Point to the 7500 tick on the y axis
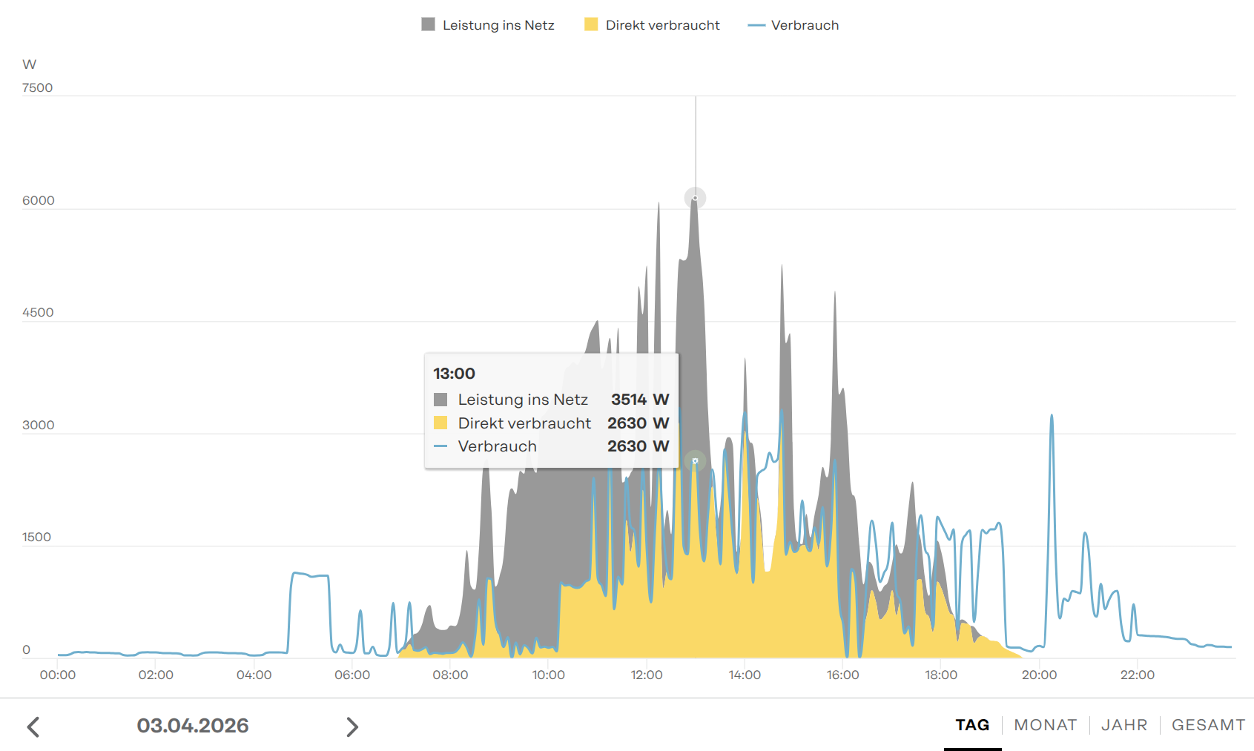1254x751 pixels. point(37,87)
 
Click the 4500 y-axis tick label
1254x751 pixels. point(38,312)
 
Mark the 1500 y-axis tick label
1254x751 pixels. point(36,537)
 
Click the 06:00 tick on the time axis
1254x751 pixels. point(352,675)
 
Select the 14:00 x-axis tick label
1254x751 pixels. point(745,675)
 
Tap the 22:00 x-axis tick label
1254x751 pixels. point(1137,675)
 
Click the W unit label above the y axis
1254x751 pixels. point(30,64)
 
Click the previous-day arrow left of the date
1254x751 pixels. point(33,727)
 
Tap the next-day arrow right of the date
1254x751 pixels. point(352,727)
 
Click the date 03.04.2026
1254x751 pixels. point(193,725)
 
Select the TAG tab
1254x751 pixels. point(972,725)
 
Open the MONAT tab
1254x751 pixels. point(1045,725)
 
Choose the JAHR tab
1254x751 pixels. point(1124,725)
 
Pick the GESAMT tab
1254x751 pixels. point(1208,725)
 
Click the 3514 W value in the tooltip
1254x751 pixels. point(639,400)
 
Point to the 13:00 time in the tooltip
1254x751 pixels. point(454,374)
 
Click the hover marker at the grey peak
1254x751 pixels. point(695,198)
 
